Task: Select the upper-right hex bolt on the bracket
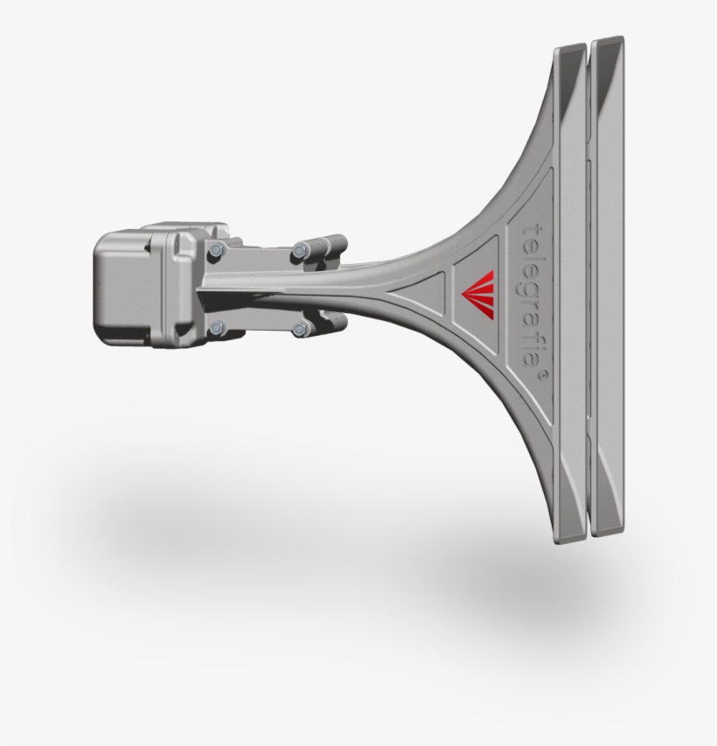300,249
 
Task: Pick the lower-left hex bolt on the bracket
216,328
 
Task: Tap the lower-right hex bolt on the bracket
300,330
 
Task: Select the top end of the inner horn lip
570,49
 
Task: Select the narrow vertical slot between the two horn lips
589,289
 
